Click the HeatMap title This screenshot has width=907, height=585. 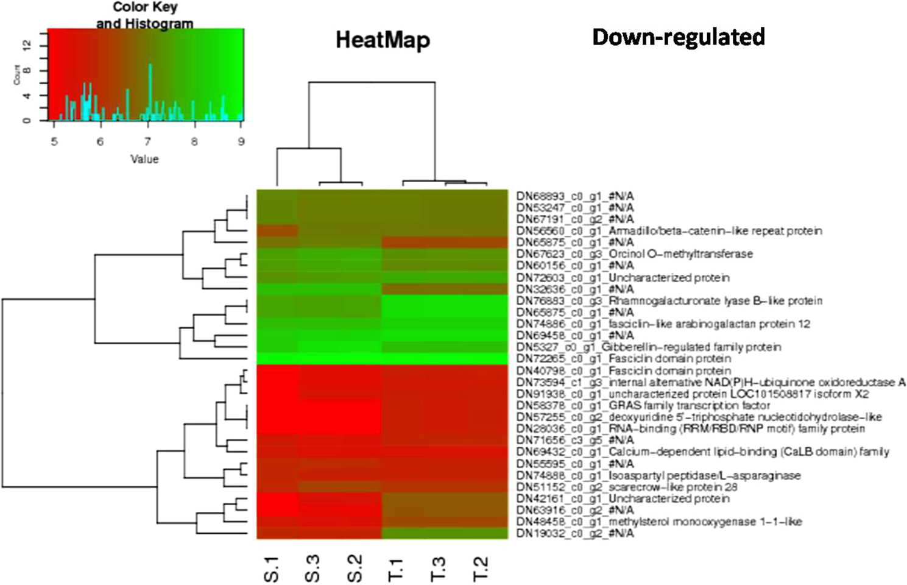pyautogui.click(x=383, y=40)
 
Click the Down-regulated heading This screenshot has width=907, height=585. pyautogui.click(x=678, y=37)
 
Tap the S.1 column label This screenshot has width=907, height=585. pyautogui.click(x=272, y=569)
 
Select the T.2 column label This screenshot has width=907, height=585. pyautogui.click(x=481, y=569)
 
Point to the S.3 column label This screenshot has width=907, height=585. pyautogui.click(x=312, y=569)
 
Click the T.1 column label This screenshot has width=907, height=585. pyautogui.click(x=397, y=569)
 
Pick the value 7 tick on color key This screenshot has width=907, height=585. pyautogui.click(x=147, y=141)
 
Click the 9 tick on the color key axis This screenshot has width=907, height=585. pyautogui.click(x=241, y=141)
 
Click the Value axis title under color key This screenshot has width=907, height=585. pyautogui.click(x=144, y=159)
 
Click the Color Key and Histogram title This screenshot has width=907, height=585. pyautogui.click(x=144, y=15)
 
